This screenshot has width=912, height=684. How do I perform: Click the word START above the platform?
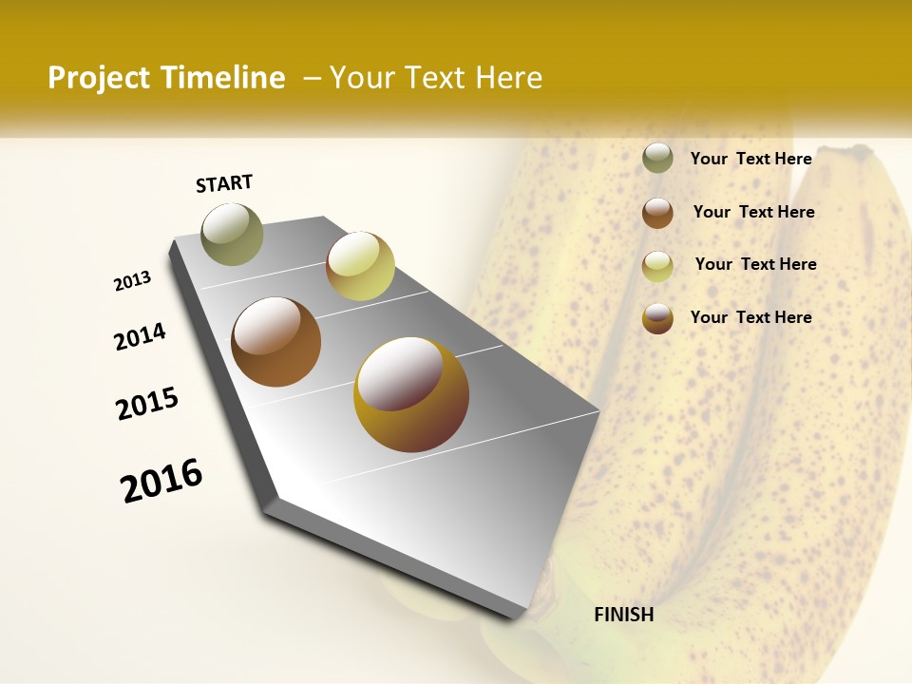click(224, 183)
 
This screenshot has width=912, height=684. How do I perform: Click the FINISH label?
click(623, 615)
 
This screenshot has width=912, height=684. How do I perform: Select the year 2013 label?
click(133, 281)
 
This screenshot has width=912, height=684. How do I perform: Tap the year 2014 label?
click(141, 337)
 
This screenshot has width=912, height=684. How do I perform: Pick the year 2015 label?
click(147, 404)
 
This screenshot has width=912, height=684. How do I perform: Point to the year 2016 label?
click(161, 481)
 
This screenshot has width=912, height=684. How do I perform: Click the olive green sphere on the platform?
click(232, 234)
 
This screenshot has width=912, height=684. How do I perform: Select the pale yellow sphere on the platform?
click(360, 266)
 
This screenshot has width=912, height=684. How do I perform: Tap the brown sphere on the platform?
click(276, 342)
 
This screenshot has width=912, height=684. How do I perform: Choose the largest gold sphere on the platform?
click(411, 394)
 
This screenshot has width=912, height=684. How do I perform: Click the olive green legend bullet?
click(657, 158)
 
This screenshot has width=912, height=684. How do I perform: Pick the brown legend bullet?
click(657, 213)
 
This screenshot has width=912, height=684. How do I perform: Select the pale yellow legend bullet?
click(657, 266)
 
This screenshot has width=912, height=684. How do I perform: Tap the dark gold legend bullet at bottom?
click(657, 318)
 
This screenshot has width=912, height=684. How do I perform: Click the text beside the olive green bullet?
click(750, 159)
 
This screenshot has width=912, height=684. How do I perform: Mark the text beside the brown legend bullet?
click(753, 212)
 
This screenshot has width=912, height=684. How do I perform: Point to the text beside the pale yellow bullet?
click(755, 264)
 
